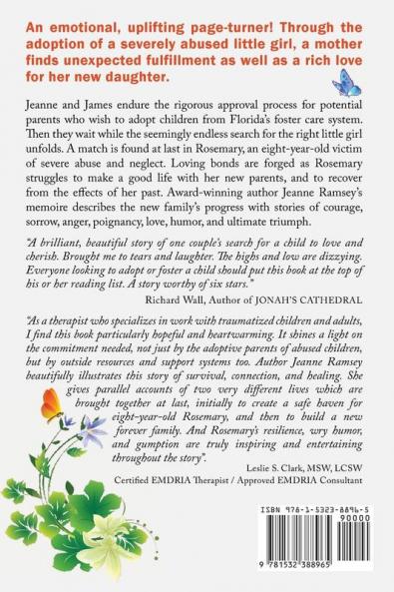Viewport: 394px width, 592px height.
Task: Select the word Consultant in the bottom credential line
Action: click(x=340, y=489)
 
